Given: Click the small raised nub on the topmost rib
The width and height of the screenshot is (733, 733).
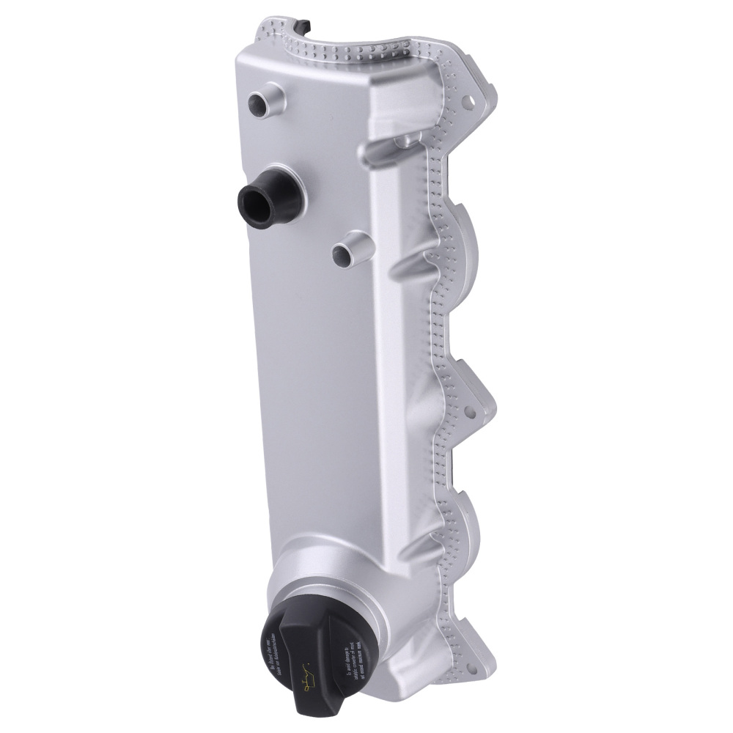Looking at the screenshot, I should click(402, 138).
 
